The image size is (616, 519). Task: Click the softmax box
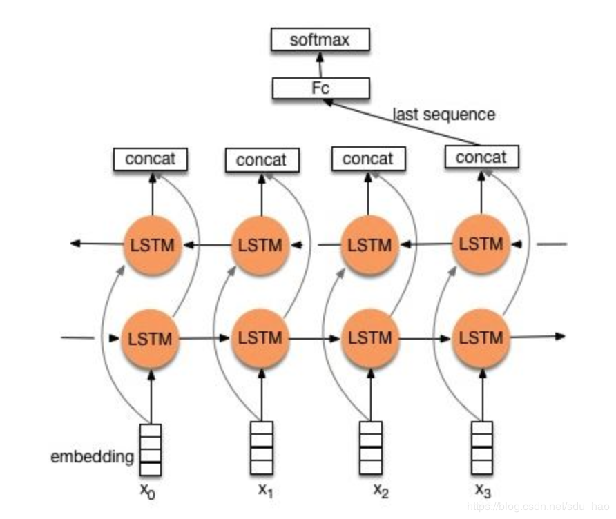tap(320, 40)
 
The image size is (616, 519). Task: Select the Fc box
tap(320, 88)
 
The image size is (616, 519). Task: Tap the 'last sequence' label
tap(443, 114)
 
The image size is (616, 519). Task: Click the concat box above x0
tap(151, 159)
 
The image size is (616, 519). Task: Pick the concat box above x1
tap(261, 161)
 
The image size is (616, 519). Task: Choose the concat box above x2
tap(367, 159)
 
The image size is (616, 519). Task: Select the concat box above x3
tap(481, 158)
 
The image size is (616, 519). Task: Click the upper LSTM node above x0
tap(151, 245)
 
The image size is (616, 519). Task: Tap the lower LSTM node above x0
tap(151, 339)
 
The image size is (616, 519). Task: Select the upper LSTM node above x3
tap(481, 244)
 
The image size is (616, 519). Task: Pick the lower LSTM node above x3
tap(481, 338)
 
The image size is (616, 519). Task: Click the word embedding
tap(92, 457)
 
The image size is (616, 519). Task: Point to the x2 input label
tap(381, 491)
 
